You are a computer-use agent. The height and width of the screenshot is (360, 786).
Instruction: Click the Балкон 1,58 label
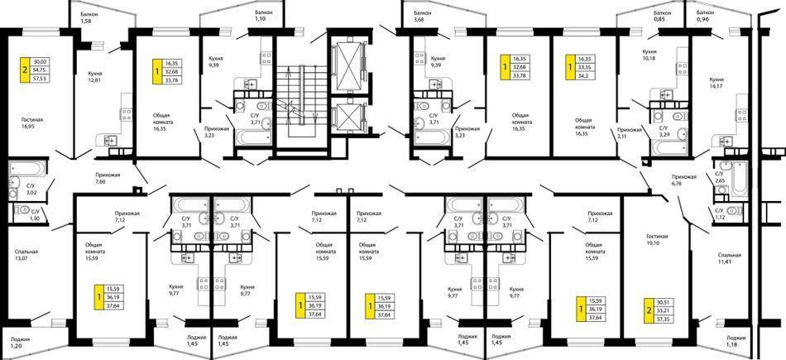pyautogui.click(x=89, y=17)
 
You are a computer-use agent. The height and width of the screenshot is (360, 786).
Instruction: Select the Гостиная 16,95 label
pyautogui.click(x=32, y=123)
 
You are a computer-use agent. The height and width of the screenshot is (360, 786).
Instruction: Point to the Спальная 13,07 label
pyautogui.click(x=26, y=255)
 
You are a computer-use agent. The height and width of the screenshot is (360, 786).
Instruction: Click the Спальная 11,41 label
pyautogui.click(x=728, y=258)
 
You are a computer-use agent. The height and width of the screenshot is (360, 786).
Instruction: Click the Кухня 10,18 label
pyautogui.click(x=650, y=55)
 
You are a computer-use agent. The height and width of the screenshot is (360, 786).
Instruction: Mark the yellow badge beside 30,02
pyautogui.click(x=25, y=70)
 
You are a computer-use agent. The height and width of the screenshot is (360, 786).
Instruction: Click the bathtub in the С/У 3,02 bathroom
pyautogui.click(x=28, y=167)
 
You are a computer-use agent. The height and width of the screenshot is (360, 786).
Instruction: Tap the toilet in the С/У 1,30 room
pyautogui.click(x=22, y=209)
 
